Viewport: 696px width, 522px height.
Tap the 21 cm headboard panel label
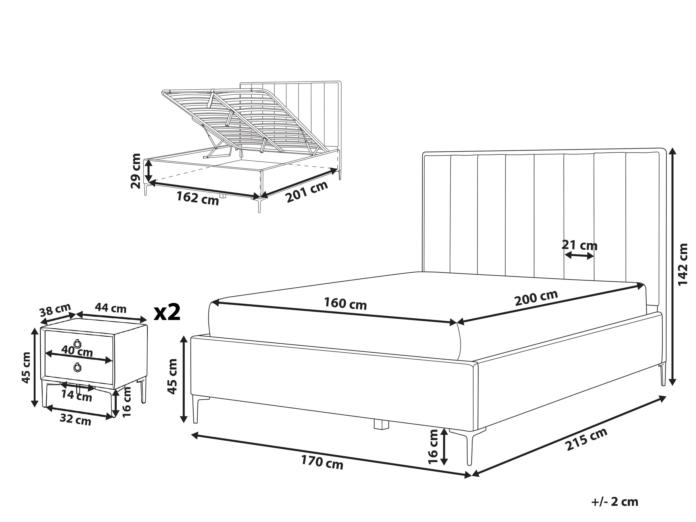(579, 245)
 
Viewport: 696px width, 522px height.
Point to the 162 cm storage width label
(197, 198)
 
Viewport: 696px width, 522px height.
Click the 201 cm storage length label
(307, 192)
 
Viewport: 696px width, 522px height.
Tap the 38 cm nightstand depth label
(55, 310)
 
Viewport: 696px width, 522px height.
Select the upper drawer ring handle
(77, 343)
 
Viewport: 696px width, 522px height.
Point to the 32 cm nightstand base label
(76, 420)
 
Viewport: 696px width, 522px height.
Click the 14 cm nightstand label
(76, 396)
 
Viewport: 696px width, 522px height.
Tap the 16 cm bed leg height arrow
(444, 446)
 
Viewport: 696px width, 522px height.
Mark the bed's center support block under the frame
(381, 425)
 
